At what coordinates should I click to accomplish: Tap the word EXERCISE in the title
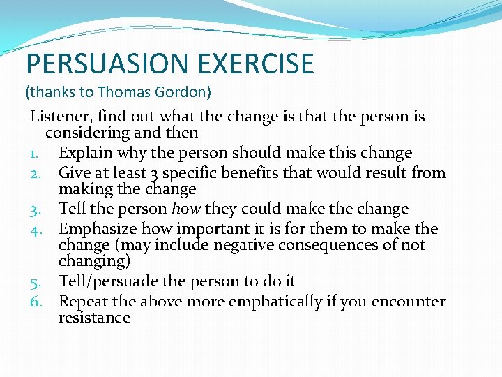click(256, 64)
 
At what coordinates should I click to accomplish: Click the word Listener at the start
click(60, 117)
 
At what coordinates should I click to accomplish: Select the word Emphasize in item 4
click(97, 229)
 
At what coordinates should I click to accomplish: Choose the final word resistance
click(94, 318)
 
